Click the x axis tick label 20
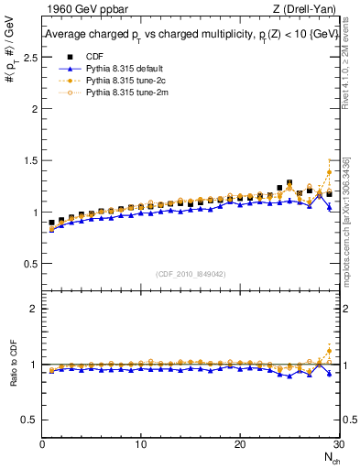click(x=239, y=444)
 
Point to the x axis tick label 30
click(x=337, y=444)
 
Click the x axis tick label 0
click(x=42, y=444)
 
